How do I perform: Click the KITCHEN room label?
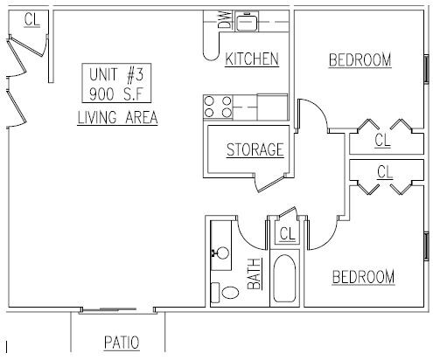click(252, 59)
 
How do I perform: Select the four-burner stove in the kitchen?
click(217, 107)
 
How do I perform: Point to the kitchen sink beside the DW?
click(248, 20)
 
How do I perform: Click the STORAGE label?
click(255, 149)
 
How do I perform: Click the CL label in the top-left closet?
click(31, 19)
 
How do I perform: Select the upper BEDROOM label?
click(360, 59)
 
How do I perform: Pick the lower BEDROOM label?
click(363, 277)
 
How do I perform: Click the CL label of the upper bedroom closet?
click(382, 139)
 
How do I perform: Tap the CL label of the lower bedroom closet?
click(384, 171)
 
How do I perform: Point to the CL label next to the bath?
click(285, 233)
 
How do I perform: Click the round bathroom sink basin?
click(223, 253)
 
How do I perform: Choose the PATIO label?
click(122, 342)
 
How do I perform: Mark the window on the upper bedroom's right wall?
click(426, 68)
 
